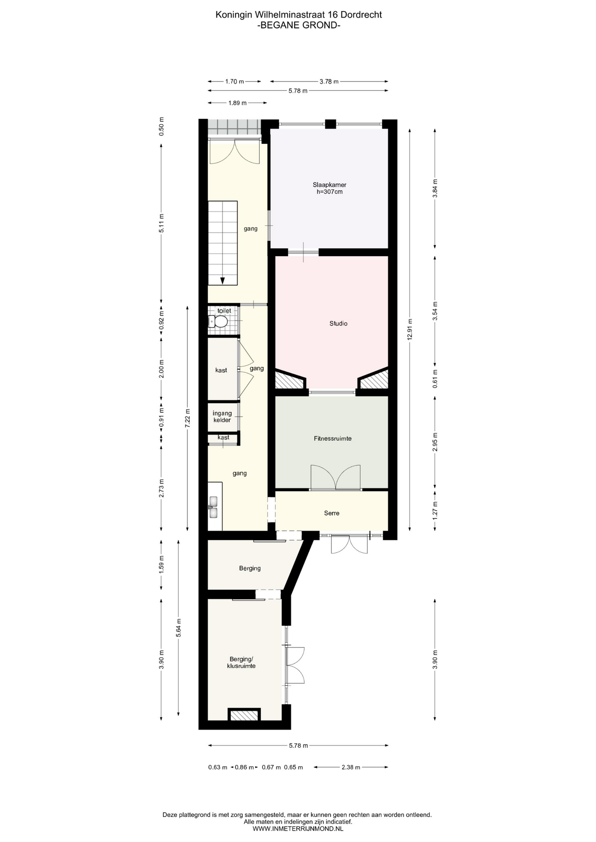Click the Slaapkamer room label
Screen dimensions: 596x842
pyautogui.click(x=329, y=185)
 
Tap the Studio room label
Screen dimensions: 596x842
pyautogui.click(x=338, y=324)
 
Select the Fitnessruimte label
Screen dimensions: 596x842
pyautogui.click(x=333, y=439)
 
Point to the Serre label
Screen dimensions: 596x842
pyautogui.click(x=332, y=513)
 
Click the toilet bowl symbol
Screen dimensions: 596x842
pyautogui.click(x=218, y=322)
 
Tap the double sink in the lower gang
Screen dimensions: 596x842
pyautogui.click(x=214, y=507)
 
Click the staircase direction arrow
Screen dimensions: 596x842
pyautogui.click(x=223, y=281)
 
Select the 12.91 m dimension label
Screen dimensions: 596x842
pyautogui.click(x=410, y=329)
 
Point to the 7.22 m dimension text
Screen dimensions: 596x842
pyautogui.click(x=188, y=418)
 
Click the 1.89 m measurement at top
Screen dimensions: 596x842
pyautogui.click(x=237, y=103)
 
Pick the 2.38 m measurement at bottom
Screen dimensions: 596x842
pyautogui.click(x=351, y=767)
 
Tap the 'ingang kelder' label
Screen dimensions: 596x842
pyautogui.click(x=222, y=417)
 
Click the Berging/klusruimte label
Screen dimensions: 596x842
pyautogui.click(x=241, y=662)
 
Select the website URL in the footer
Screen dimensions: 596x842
pyautogui.click(x=298, y=829)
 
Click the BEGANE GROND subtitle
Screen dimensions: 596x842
pyautogui.click(x=299, y=25)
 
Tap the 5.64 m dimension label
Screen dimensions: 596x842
pyautogui.click(x=179, y=628)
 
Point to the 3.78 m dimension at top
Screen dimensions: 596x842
pyautogui.click(x=329, y=82)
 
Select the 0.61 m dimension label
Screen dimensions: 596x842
pyautogui.click(x=435, y=379)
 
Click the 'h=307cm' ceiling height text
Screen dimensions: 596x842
pyautogui.click(x=330, y=192)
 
